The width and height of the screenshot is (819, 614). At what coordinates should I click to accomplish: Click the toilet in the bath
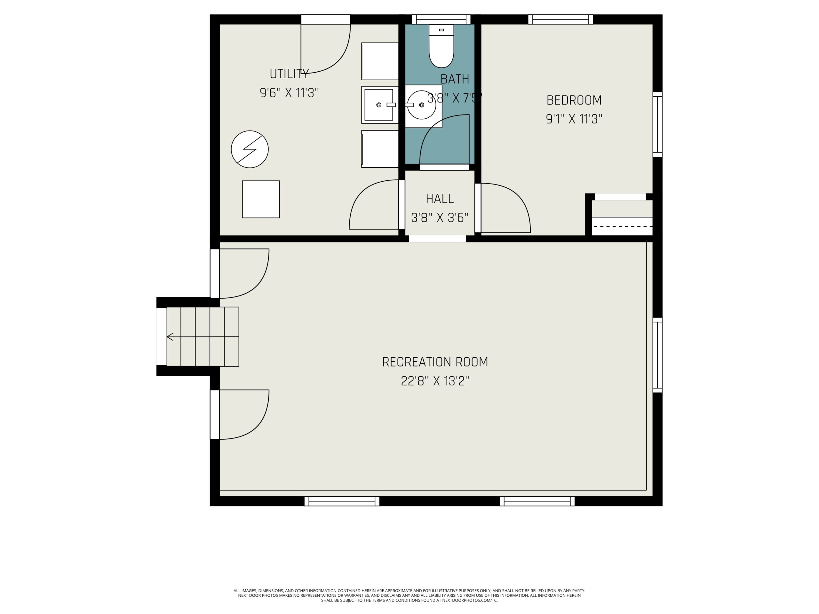pyautogui.click(x=441, y=46)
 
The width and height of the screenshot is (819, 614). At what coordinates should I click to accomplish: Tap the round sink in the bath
pyautogui.click(x=421, y=105)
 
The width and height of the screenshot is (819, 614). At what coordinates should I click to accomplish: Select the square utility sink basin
pyautogui.click(x=378, y=105)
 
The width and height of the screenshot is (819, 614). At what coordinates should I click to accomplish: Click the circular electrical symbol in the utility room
pyautogui.click(x=250, y=149)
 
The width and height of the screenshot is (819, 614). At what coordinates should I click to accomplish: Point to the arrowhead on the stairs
pyautogui.click(x=170, y=337)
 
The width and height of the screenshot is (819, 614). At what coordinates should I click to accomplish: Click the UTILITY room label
pyautogui.click(x=289, y=74)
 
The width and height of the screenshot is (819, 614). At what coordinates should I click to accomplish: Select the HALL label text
pyautogui.click(x=440, y=199)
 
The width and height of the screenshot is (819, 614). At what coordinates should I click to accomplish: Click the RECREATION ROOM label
pyautogui.click(x=435, y=362)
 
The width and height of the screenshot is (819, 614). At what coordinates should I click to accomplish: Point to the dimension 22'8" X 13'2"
pyautogui.click(x=435, y=381)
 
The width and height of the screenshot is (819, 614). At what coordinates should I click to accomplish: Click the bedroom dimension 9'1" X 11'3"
pyautogui.click(x=574, y=119)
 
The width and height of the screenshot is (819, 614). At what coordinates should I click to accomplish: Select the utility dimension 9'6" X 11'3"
pyautogui.click(x=289, y=93)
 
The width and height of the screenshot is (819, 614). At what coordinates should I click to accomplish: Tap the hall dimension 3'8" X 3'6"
pyautogui.click(x=440, y=218)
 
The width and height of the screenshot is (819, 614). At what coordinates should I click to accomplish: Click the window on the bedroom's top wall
pyautogui.click(x=561, y=19)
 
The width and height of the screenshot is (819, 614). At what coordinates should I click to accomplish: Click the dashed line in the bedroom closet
pyautogui.click(x=622, y=226)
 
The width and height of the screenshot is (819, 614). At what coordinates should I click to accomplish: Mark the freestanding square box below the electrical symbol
pyautogui.click(x=261, y=199)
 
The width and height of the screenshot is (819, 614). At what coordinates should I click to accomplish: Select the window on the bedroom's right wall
pyautogui.click(x=657, y=124)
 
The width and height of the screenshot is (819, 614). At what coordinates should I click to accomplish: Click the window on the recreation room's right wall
pyautogui.click(x=657, y=355)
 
